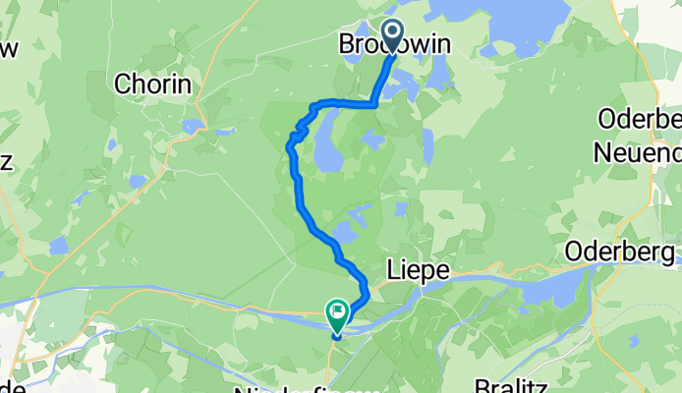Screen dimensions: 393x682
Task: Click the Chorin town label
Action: (152, 84)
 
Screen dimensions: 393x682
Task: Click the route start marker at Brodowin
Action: (393, 38)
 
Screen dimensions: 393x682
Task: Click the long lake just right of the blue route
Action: (325, 142)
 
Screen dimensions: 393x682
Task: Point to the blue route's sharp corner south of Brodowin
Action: (374, 102)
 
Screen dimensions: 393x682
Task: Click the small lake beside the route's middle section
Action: (345, 232)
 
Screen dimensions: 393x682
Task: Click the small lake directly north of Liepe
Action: (400, 208)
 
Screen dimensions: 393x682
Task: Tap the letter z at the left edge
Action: (6, 161)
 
